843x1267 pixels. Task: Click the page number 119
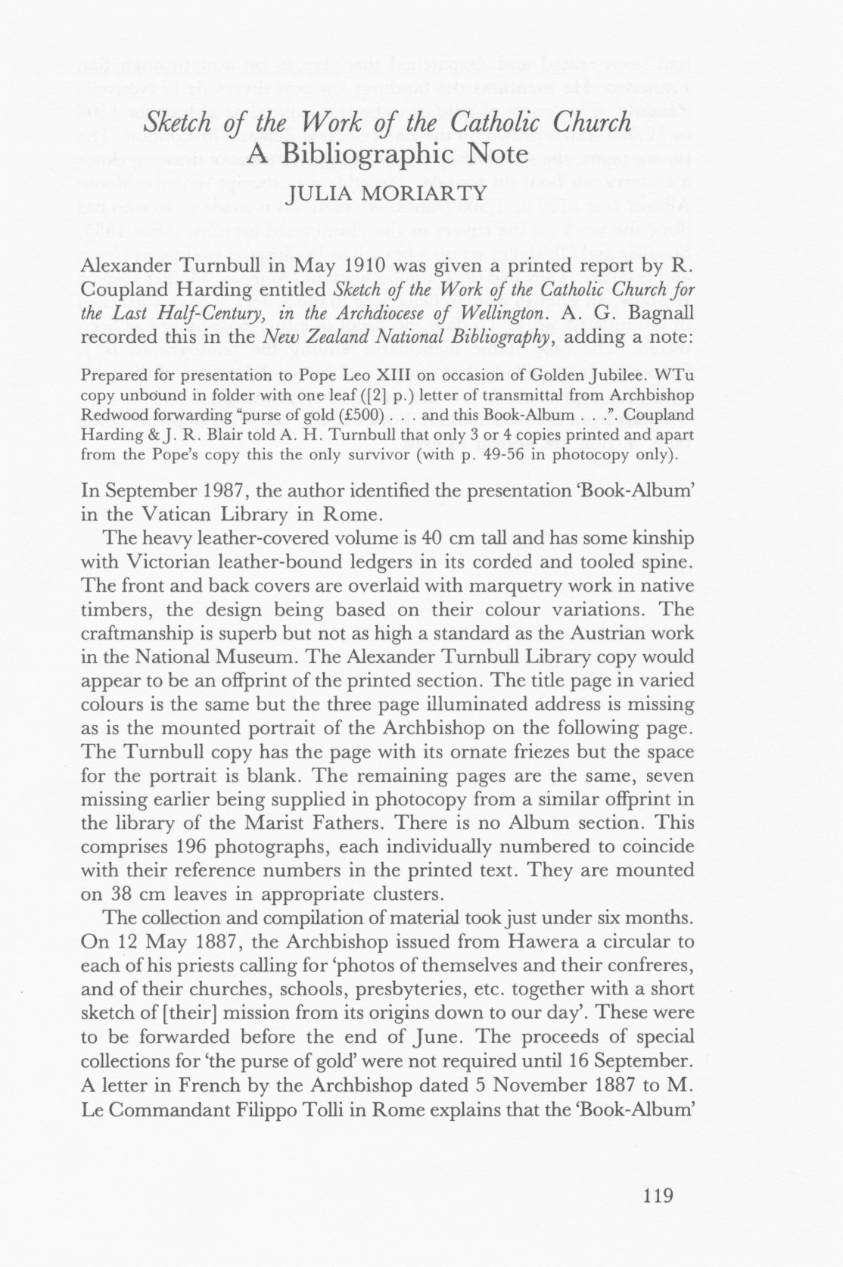pyautogui.click(x=657, y=1197)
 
